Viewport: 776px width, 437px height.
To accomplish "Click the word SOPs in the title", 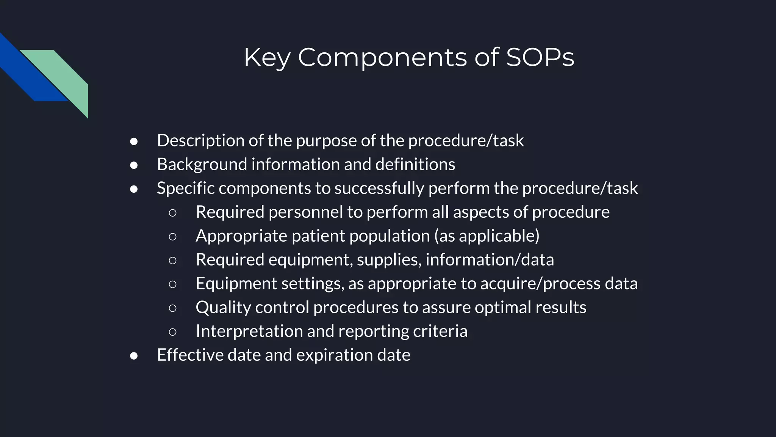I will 540,58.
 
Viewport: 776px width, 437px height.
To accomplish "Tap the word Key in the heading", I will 267,58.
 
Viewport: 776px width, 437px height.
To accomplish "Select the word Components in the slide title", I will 382,58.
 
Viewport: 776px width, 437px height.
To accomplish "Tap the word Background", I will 202,165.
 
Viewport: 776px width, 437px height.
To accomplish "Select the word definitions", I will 415,165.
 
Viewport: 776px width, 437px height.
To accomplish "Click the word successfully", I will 379,189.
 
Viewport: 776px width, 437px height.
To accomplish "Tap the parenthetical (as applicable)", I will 487,236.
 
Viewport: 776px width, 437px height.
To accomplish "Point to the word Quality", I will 223,308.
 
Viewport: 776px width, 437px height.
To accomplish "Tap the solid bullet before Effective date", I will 134,356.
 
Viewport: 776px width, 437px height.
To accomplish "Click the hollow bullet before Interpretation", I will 172,332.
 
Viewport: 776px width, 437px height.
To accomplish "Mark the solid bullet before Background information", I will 134,165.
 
